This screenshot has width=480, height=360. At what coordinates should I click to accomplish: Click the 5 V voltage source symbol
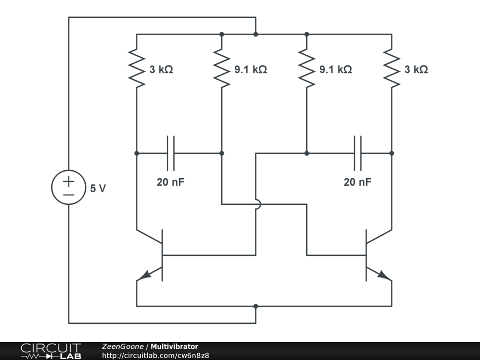click(68, 187)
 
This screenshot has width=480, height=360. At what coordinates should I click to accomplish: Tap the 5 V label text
click(98, 188)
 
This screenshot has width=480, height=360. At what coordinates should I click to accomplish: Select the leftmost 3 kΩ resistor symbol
click(136, 69)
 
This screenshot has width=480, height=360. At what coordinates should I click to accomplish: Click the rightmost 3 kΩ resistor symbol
click(391, 69)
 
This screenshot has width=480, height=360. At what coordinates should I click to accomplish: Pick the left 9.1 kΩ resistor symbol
click(222, 69)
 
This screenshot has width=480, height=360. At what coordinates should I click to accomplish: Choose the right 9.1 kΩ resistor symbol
click(307, 69)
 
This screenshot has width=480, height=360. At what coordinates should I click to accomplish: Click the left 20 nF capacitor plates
click(171, 153)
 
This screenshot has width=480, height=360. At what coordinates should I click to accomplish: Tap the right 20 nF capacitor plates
click(358, 153)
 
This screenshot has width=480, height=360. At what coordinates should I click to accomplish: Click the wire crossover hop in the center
click(256, 204)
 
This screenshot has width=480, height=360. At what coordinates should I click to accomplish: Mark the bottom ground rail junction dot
click(255, 306)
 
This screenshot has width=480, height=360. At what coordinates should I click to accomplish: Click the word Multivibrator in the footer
click(174, 346)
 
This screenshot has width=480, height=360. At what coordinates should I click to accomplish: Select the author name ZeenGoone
click(123, 346)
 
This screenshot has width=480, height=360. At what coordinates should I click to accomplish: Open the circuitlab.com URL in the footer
click(155, 355)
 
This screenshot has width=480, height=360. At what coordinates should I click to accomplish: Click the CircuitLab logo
click(51, 351)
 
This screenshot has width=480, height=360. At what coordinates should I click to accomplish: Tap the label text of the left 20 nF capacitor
click(171, 182)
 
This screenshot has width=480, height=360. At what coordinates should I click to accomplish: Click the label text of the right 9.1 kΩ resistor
click(336, 69)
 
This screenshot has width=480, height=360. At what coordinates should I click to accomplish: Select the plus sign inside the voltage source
click(68, 181)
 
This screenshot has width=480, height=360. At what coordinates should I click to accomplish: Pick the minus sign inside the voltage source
click(68, 194)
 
